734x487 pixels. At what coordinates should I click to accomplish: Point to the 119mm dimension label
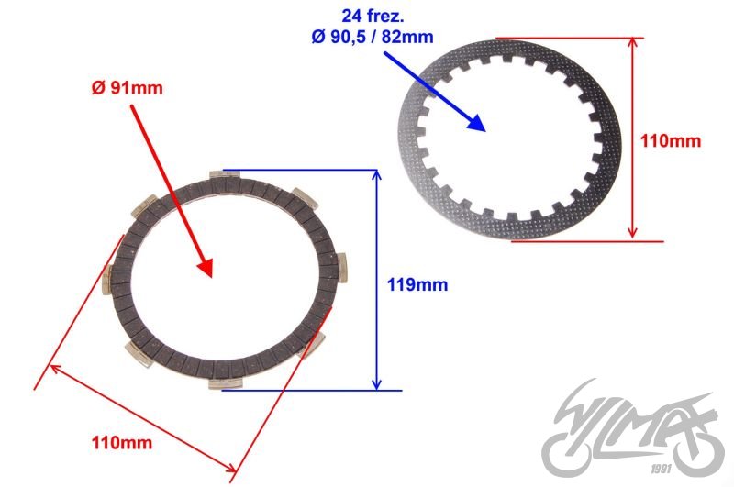(418, 284)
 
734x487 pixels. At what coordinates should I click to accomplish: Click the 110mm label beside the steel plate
(672, 141)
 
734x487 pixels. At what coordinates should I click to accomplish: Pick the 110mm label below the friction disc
(121, 443)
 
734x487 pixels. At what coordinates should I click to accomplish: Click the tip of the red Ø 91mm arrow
(210, 275)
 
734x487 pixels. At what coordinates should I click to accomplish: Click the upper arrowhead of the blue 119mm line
(375, 173)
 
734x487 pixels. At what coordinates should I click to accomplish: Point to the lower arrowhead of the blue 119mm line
(375, 385)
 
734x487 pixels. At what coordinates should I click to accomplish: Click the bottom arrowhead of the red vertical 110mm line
(633, 236)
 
